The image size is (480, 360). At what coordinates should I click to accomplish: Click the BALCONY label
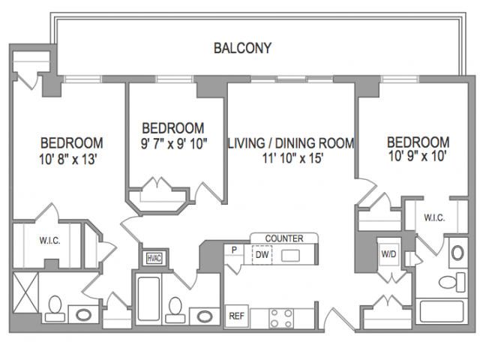[x=242, y=48]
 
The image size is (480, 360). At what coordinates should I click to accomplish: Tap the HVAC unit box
[x=154, y=258]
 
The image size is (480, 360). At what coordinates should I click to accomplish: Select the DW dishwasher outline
[x=262, y=255]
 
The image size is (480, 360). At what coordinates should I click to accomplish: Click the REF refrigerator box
[x=237, y=316]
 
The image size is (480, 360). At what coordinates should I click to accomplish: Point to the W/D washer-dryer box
[x=388, y=253]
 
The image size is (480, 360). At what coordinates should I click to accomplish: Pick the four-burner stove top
[x=281, y=318]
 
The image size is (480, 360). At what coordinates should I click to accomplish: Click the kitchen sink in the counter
[x=290, y=256]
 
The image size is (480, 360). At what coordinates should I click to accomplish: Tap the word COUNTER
[x=284, y=238]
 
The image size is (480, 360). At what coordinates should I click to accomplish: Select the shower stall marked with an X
[x=26, y=292]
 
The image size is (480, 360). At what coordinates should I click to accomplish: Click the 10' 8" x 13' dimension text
[x=68, y=159]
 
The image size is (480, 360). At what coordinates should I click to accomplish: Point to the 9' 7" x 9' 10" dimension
[x=174, y=143]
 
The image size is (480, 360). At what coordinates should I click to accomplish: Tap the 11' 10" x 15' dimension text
[x=293, y=158]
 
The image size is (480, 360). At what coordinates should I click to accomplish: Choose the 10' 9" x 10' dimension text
[x=417, y=157]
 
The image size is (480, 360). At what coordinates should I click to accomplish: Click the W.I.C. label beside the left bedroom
[x=49, y=241]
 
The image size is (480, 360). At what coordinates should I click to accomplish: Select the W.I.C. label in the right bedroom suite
[x=434, y=217]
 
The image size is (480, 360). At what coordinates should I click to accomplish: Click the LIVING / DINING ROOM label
[x=292, y=143]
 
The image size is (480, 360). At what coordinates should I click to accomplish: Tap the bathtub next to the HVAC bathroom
[x=148, y=298]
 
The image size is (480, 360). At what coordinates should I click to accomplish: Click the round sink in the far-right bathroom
[x=457, y=253]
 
